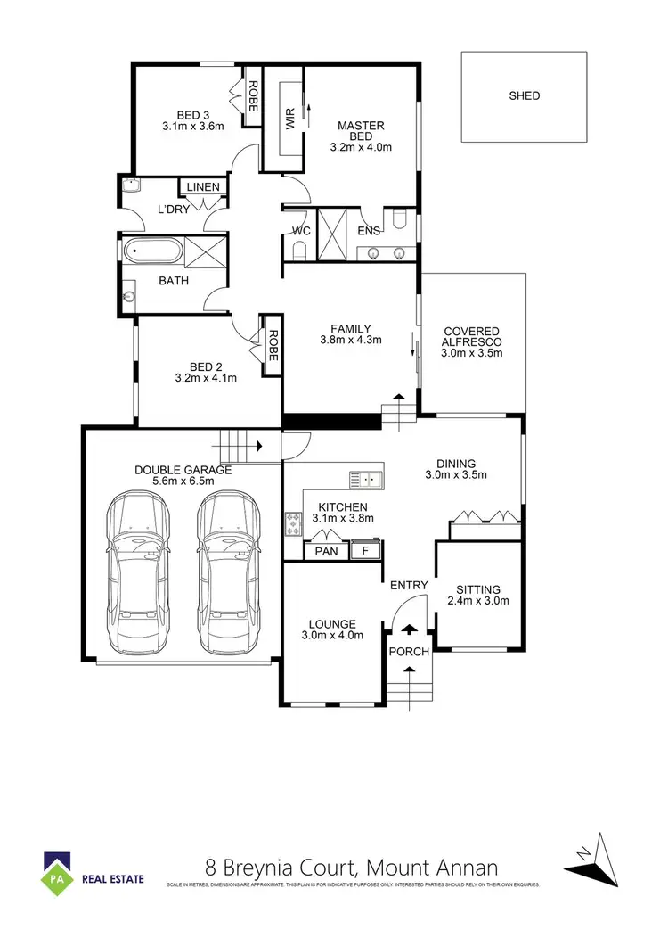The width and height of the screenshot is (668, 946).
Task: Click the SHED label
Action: [x=524, y=95]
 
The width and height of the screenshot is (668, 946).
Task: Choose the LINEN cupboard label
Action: [x=202, y=187]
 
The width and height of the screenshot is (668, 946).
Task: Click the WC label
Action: [x=300, y=231]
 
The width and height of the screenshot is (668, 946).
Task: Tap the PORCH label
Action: [x=409, y=652]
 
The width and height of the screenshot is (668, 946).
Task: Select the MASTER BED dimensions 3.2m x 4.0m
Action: [x=361, y=147]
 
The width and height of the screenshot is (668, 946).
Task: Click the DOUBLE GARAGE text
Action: [x=183, y=470]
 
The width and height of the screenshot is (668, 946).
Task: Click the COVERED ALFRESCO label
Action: [x=472, y=336]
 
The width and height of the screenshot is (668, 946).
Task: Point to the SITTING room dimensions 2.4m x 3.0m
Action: [x=478, y=601]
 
